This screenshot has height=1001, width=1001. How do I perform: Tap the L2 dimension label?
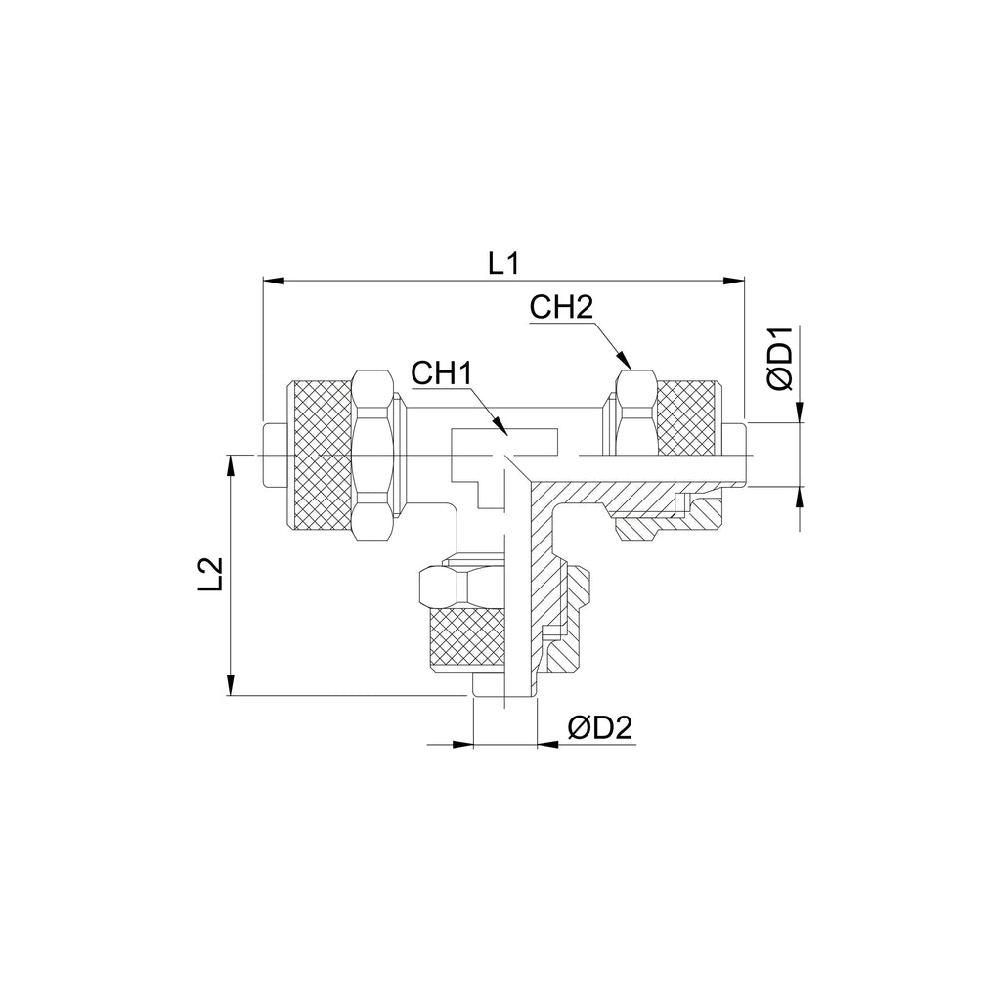click(x=211, y=574)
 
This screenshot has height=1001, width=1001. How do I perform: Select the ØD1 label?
click(x=780, y=358)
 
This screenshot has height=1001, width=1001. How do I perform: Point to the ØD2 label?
click(x=599, y=727)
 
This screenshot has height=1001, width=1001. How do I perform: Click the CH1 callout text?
click(x=442, y=373)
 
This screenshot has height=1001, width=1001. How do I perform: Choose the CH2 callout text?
click(x=561, y=308)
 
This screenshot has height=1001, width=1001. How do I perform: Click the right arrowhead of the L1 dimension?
click(x=734, y=280)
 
